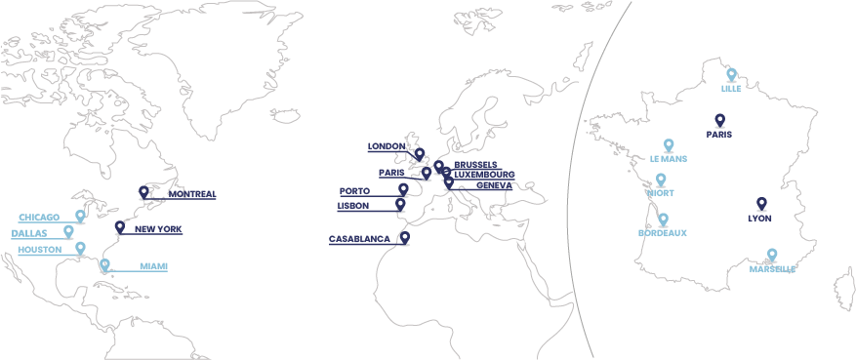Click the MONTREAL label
pyautogui.click(x=192, y=194)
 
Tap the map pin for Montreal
pyautogui.click(x=143, y=192)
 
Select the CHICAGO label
pyautogui.click(x=39, y=217)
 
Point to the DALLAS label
pyautogui.click(x=29, y=233)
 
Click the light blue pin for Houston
pyautogui.click(x=81, y=248)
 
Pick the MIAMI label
pyautogui.click(x=153, y=266)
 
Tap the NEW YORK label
pyautogui.click(x=158, y=229)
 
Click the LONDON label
pyautogui.click(x=387, y=146)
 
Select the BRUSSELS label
pyautogui.click(x=475, y=165)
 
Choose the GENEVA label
pyautogui.click(x=479, y=185)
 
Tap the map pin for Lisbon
pyautogui.click(x=400, y=204)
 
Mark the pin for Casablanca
pyautogui.click(x=404, y=237)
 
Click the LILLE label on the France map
pyautogui.click(x=731, y=89)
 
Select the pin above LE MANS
pyautogui.click(x=669, y=144)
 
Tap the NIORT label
pyautogui.click(x=660, y=193)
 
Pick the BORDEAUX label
pyautogui.click(x=663, y=233)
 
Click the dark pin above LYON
pyautogui.click(x=761, y=203)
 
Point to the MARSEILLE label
pyautogui.click(x=772, y=269)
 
